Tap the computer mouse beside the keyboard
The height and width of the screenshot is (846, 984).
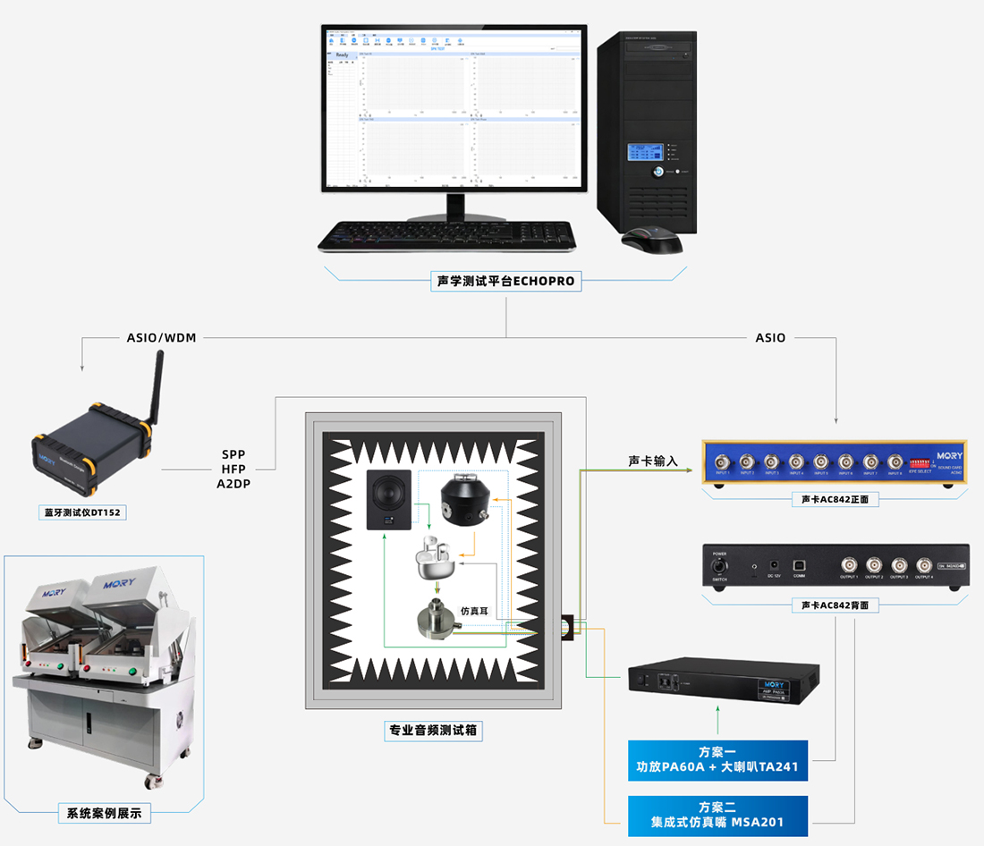coord(652,240)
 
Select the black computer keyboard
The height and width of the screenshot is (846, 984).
coord(447,235)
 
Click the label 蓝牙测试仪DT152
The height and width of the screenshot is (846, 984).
coord(86,513)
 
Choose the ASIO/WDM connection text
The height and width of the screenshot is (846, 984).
coord(161,338)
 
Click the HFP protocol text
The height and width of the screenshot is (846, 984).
coord(233,469)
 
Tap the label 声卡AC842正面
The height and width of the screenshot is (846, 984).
coord(835,498)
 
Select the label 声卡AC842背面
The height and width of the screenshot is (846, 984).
coord(835,605)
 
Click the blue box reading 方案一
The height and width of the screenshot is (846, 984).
coord(717,759)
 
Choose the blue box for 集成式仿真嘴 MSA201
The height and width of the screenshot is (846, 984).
coord(717,815)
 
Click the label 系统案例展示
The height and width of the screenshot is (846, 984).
coord(105,814)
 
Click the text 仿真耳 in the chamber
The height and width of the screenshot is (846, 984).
coord(475,611)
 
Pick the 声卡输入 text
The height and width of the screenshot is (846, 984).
coord(653,461)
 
